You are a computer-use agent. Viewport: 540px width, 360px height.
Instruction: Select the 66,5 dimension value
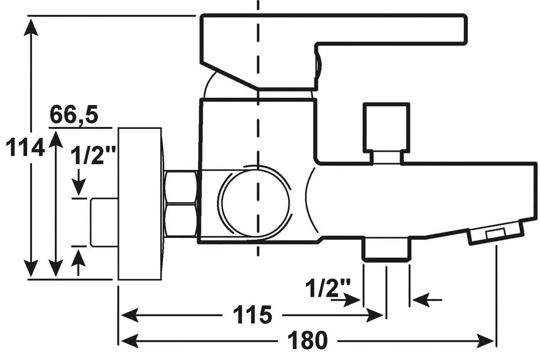74,114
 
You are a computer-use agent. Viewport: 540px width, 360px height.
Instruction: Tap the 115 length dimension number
252,315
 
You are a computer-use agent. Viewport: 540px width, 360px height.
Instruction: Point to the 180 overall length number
308,340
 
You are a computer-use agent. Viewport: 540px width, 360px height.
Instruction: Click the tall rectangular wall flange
140,204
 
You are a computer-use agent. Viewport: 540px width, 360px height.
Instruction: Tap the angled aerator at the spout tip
496,232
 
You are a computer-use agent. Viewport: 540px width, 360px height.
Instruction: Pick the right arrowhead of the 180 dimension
486,341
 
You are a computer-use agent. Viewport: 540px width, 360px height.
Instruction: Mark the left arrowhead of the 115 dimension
130,315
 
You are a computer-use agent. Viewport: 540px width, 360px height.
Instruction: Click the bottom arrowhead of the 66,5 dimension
56,268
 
